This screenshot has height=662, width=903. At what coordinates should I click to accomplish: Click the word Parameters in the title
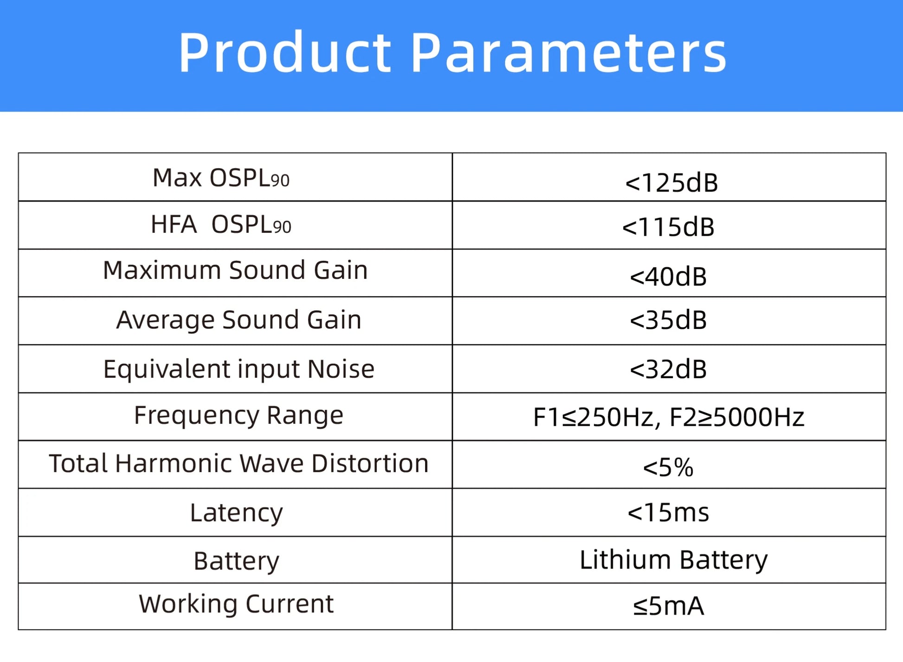click(569, 52)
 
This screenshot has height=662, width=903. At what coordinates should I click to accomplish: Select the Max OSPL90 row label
click(221, 178)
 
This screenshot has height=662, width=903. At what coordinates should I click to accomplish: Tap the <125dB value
click(671, 182)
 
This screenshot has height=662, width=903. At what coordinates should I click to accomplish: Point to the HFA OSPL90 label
click(221, 225)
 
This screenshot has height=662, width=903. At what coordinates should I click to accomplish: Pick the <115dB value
click(668, 227)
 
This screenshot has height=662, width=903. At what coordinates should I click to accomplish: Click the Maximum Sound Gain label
click(235, 270)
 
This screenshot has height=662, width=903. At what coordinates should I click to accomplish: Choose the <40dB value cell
click(668, 276)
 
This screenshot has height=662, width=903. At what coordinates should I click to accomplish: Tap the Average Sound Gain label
click(239, 320)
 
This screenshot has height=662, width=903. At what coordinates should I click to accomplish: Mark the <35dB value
click(668, 320)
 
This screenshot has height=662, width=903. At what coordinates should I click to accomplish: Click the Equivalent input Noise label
click(239, 369)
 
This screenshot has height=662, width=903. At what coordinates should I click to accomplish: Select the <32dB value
click(668, 369)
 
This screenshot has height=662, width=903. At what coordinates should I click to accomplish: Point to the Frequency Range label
click(239, 415)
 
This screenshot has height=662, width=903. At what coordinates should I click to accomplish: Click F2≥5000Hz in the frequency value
click(736, 417)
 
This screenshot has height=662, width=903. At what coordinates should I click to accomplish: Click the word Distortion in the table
click(370, 463)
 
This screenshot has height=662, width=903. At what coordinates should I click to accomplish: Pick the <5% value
click(668, 467)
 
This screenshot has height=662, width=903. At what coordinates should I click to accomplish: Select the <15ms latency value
click(668, 513)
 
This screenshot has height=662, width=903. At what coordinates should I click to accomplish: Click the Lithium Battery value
click(673, 560)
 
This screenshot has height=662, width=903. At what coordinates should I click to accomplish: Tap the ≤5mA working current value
click(668, 606)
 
